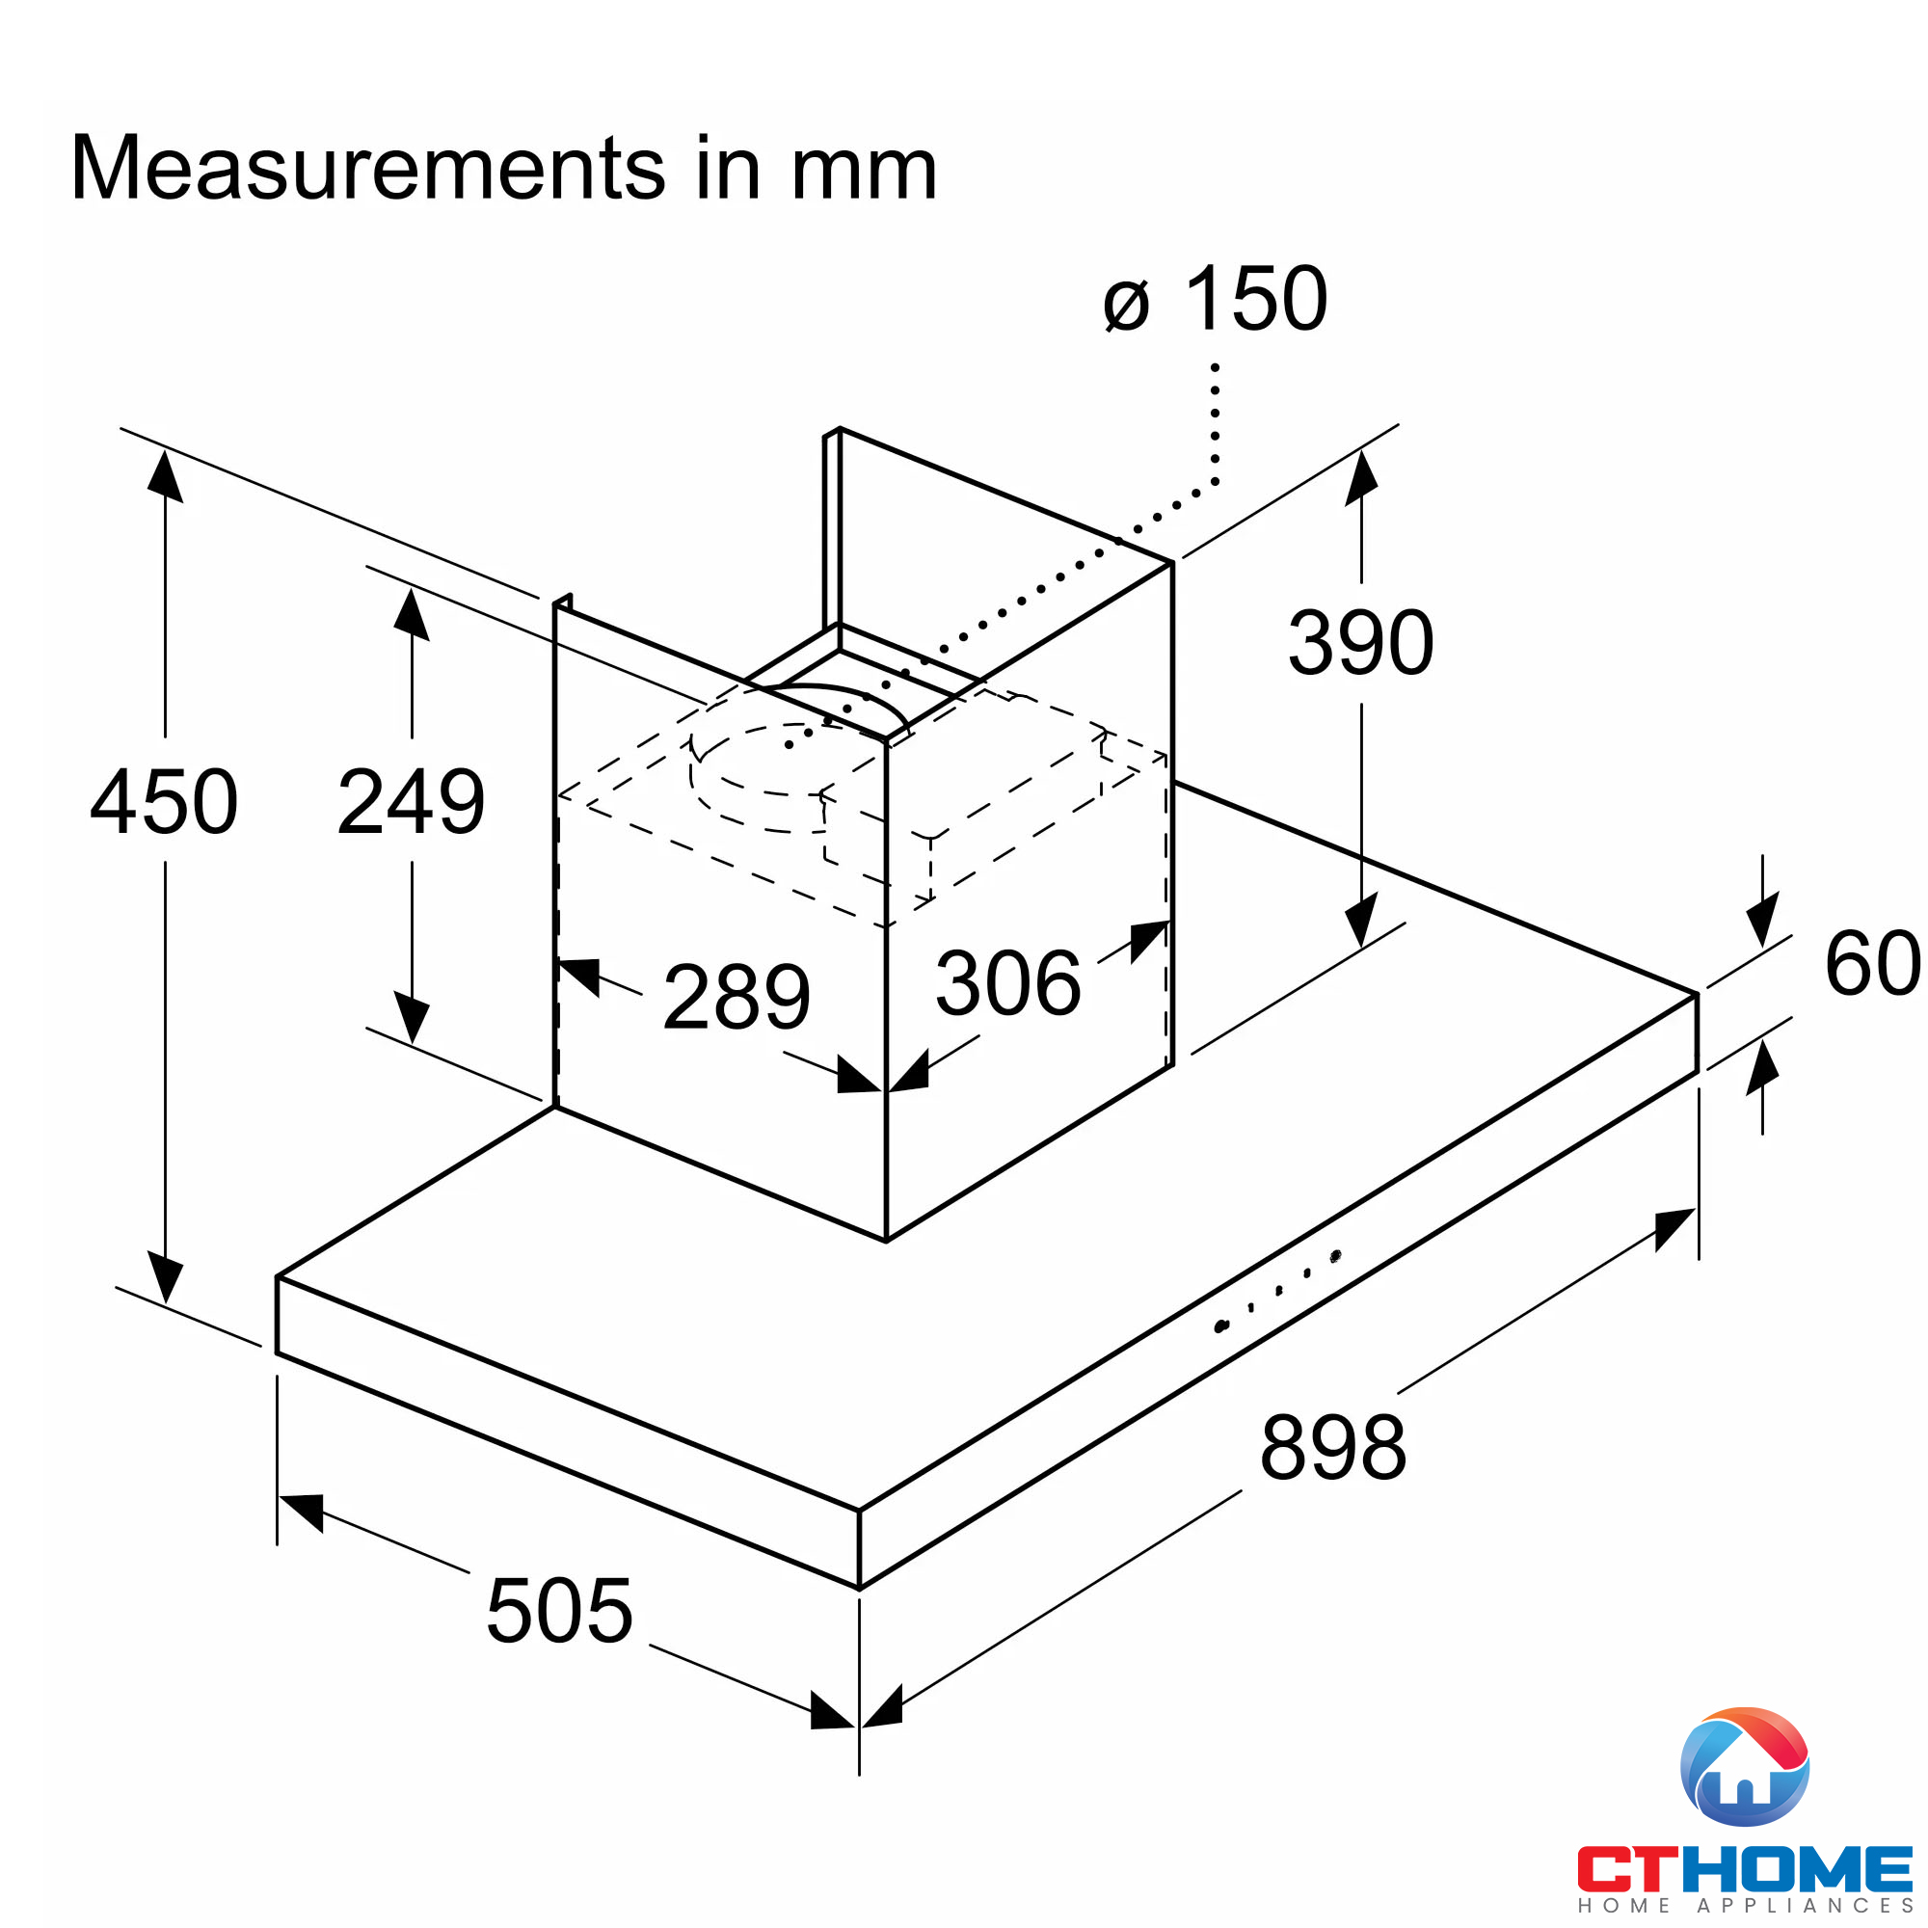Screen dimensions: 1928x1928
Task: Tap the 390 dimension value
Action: (1360, 643)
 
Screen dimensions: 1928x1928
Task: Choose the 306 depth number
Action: (1008, 984)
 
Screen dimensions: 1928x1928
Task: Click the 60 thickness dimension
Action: (1872, 964)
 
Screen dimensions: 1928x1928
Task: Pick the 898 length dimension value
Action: (1333, 1448)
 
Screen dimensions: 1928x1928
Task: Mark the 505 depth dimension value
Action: (559, 1611)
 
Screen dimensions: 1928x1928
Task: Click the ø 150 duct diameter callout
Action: (1216, 299)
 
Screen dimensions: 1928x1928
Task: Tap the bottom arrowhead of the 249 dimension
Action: (412, 1018)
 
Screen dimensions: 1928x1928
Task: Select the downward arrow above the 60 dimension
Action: (1762, 918)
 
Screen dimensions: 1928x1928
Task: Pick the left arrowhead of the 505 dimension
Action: (302, 1509)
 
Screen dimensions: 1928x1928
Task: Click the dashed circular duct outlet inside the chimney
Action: (768, 778)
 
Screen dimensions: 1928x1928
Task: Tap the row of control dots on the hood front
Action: (1277, 1292)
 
